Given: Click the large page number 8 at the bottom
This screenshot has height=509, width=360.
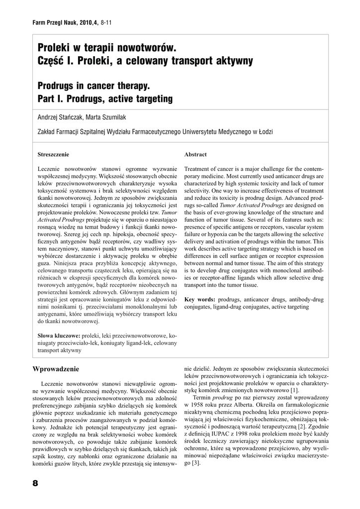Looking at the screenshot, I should click(x=35, y=483).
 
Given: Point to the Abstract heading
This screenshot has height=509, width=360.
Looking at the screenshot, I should click(x=195, y=155).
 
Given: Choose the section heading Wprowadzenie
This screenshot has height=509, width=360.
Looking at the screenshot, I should click(x=56, y=369).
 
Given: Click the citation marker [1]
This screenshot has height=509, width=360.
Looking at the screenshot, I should click(x=294, y=391).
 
